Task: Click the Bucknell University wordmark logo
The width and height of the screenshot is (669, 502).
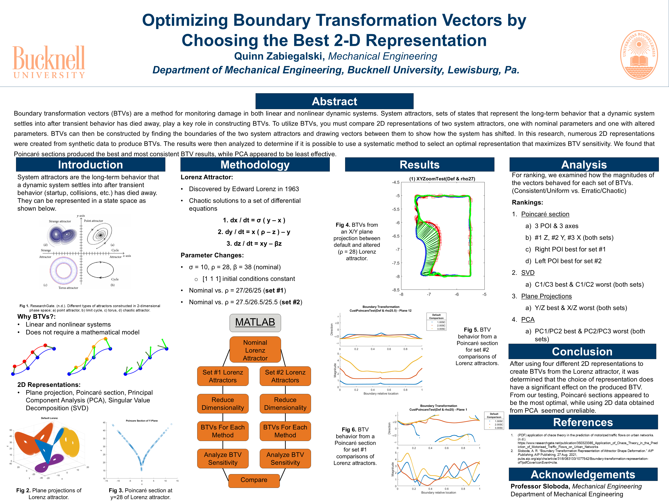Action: pos(49,62)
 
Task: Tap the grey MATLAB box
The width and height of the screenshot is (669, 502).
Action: pos(255,322)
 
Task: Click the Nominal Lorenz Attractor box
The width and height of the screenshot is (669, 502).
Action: pos(255,350)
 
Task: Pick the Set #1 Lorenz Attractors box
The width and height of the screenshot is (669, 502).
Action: pos(223,376)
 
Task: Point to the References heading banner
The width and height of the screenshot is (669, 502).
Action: pos(583,422)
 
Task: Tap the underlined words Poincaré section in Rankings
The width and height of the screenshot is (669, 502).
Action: pos(545,214)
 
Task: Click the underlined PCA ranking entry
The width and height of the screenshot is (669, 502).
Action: pos(528,320)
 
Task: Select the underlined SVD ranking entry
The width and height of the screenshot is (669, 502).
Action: pos(528,273)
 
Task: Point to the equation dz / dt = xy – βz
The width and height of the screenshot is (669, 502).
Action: pos(254,244)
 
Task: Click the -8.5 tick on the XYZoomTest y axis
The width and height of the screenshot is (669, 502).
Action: pos(396,290)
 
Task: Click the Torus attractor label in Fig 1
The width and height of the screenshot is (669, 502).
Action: pos(68,288)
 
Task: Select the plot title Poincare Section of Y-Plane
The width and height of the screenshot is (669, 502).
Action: pos(141,421)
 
